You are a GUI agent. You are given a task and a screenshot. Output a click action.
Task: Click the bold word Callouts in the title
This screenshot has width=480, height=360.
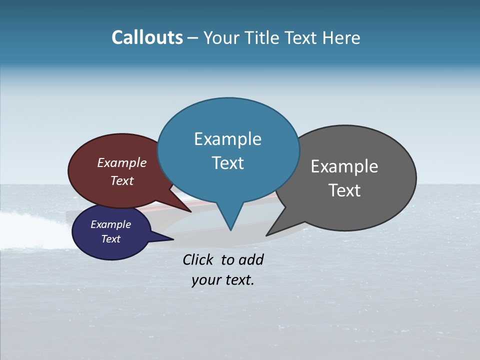coord(147,37)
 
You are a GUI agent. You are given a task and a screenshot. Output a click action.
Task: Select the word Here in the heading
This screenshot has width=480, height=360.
coord(341,37)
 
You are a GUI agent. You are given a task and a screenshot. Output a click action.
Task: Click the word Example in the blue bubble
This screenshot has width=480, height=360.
coord(227,139)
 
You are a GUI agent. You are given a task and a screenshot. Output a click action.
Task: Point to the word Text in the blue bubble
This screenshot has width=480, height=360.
coord(227,163)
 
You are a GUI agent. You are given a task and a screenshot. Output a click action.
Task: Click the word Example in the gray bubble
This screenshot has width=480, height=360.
coord(344,166)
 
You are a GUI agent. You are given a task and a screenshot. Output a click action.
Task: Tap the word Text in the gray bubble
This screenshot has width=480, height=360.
coord(344,190)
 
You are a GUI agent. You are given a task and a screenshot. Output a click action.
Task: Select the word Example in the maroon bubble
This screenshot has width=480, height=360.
coord(121,162)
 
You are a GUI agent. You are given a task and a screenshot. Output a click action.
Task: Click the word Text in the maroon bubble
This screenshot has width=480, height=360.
coord(121,180)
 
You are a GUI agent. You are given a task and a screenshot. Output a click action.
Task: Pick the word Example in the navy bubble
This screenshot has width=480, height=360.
coord(110,224)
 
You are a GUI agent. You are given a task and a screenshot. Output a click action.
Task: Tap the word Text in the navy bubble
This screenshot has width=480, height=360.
coord(110,239)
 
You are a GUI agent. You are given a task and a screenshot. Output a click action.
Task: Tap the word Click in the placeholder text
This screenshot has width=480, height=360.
coord(199,259)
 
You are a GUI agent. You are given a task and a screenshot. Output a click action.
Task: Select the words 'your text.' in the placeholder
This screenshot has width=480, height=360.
coord(222,280)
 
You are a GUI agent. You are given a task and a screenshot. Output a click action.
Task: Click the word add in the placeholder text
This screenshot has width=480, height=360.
coord(251,259)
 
